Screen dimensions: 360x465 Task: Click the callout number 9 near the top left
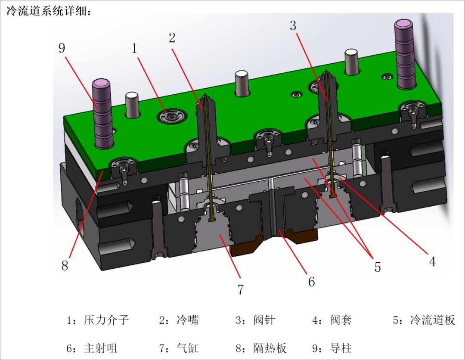[x=62, y=48]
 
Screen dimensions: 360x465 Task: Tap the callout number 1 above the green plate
[x=134, y=48]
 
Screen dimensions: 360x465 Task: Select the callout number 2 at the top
[x=172, y=37]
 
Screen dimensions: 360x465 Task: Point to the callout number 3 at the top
[x=293, y=25]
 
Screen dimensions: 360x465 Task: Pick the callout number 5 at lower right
[x=377, y=267]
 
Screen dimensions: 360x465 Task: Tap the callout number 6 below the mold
[x=311, y=282]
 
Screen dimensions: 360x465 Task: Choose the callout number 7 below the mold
[x=240, y=289]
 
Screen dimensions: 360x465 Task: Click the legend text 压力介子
[x=106, y=320]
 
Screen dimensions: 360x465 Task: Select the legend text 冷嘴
[x=188, y=320]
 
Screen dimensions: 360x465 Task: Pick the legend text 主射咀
[x=101, y=348]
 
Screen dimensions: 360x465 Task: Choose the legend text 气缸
[x=188, y=348]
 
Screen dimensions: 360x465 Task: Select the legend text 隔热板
[x=270, y=348]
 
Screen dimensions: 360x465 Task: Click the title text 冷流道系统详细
[x=46, y=11]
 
